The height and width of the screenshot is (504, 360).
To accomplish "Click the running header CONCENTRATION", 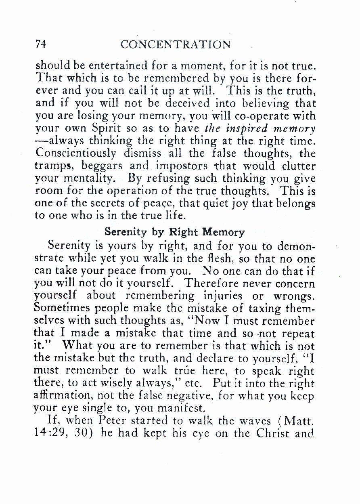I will (176, 44).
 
